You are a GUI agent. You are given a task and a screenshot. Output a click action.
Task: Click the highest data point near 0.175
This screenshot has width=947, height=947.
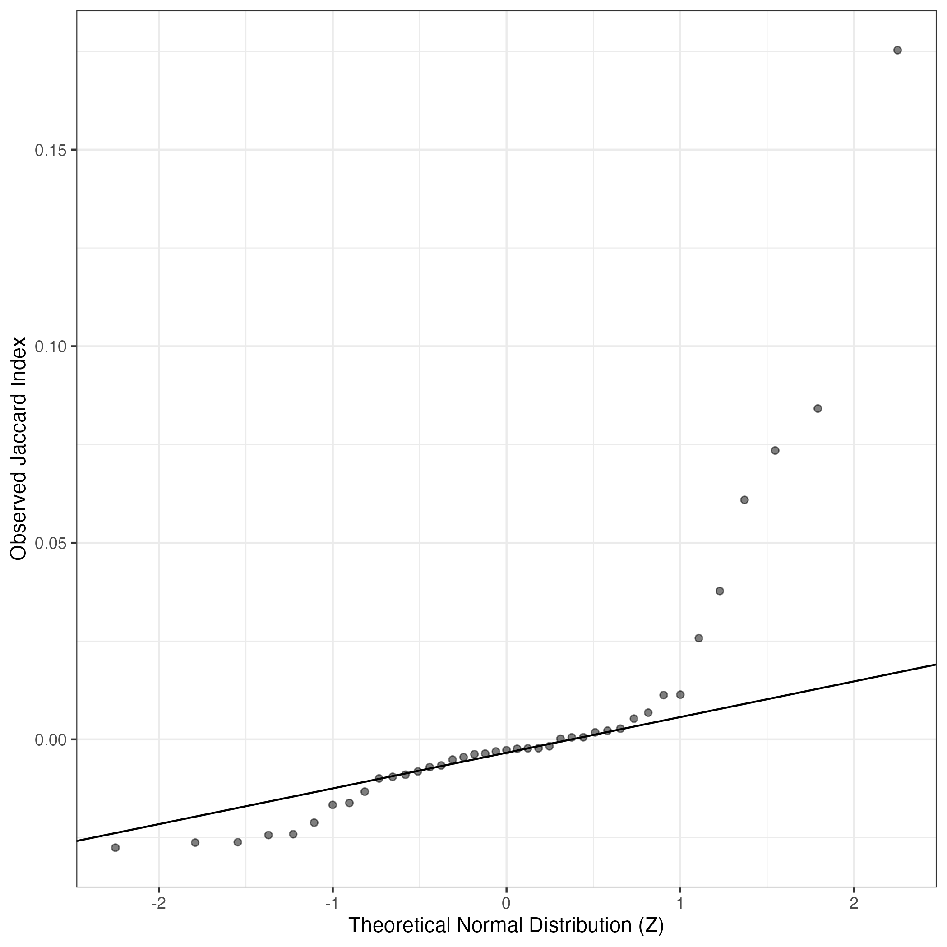pyautogui.click(x=897, y=50)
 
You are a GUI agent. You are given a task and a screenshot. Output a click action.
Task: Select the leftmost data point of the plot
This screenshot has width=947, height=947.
pyautogui.click(x=115, y=847)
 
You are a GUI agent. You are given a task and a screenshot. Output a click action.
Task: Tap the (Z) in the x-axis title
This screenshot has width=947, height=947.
pyautogui.click(x=651, y=925)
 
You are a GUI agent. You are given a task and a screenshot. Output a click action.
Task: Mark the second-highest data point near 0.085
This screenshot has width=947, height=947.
pyautogui.click(x=818, y=408)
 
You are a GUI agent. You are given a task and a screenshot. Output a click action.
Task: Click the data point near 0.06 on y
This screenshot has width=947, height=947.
pyautogui.click(x=744, y=499)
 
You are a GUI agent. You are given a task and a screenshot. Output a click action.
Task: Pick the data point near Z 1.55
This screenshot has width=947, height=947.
pyautogui.click(x=775, y=450)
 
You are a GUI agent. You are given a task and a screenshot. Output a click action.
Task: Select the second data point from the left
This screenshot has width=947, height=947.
pyautogui.click(x=194, y=842)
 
